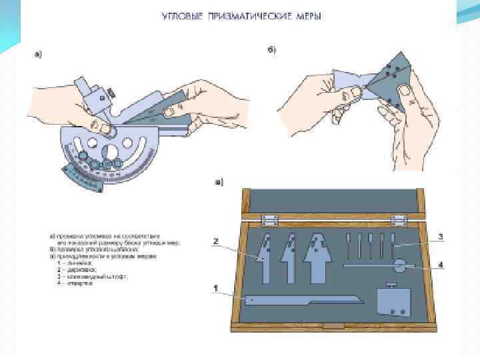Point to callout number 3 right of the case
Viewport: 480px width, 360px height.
(441, 236)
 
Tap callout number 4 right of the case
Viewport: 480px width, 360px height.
(441, 264)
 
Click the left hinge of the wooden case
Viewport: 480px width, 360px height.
(269, 219)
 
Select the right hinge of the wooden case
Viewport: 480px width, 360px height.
(399, 219)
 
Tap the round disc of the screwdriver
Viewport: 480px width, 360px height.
(398, 266)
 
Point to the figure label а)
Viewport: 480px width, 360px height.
(38, 55)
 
